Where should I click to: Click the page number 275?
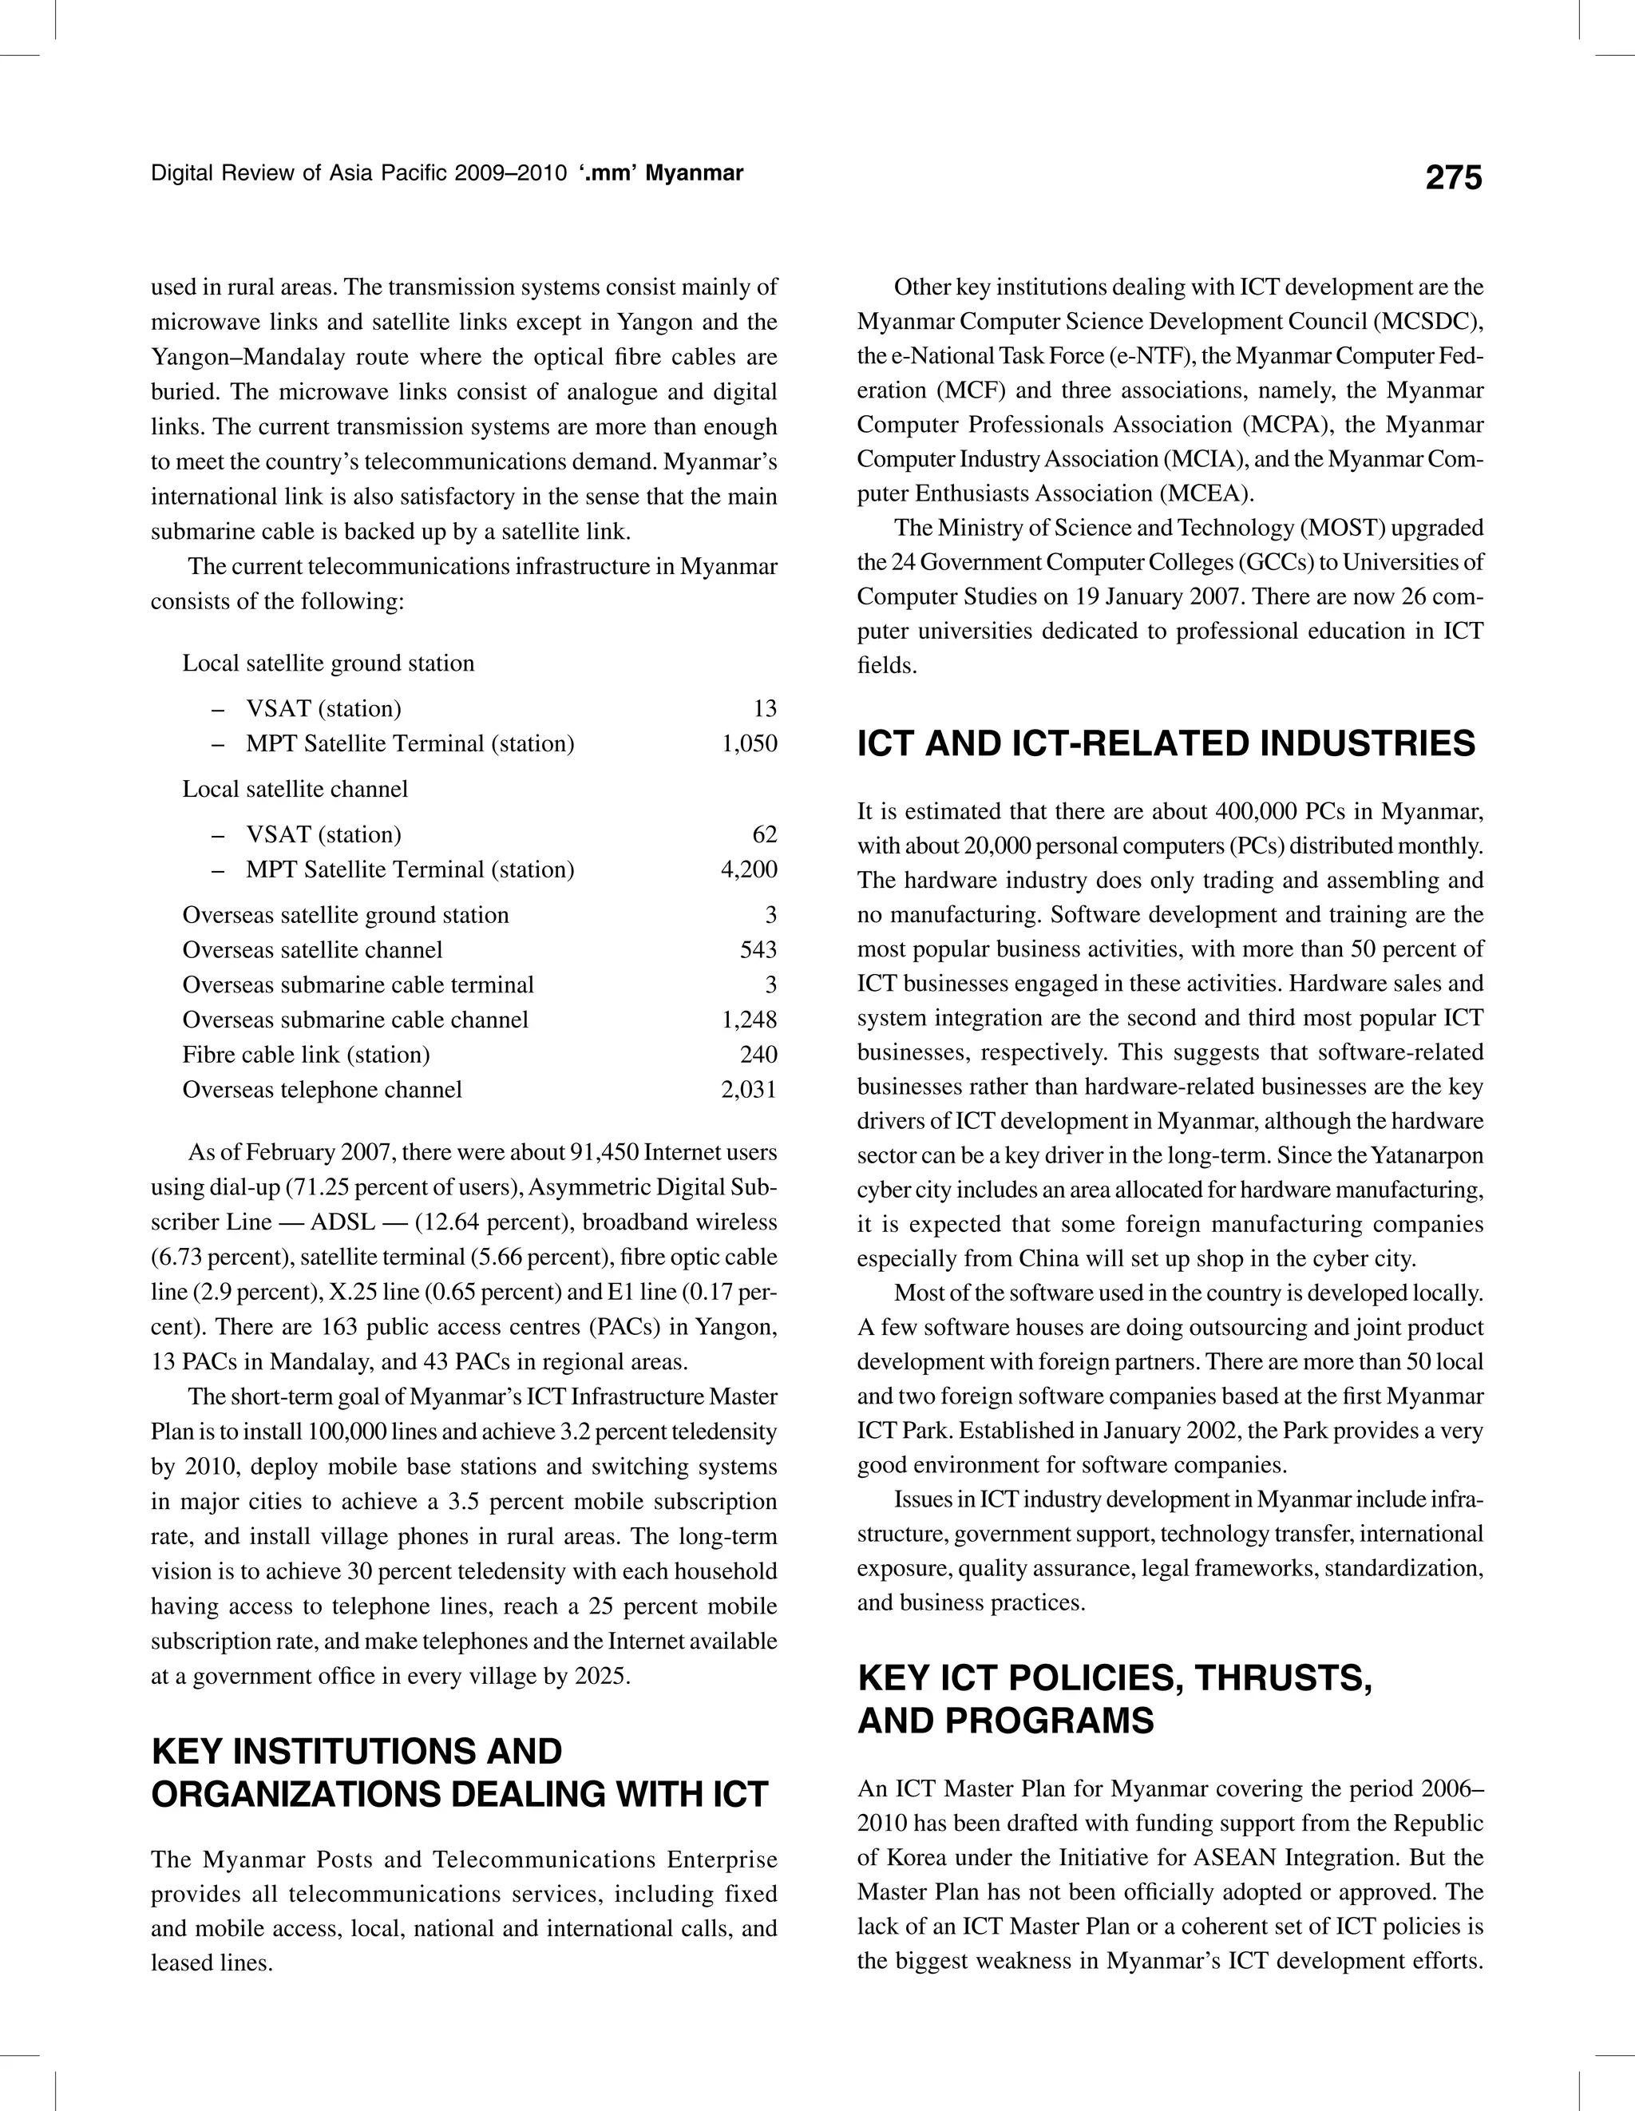(1452, 178)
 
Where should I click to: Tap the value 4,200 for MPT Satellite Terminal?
(749, 869)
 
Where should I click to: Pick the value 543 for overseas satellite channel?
(758, 950)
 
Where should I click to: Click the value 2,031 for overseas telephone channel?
(749, 1089)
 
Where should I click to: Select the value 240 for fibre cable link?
(758, 1055)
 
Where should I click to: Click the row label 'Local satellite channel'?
(295, 789)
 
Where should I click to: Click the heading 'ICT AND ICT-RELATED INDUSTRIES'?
(1166, 743)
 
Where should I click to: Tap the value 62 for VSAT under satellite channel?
(763, 834)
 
